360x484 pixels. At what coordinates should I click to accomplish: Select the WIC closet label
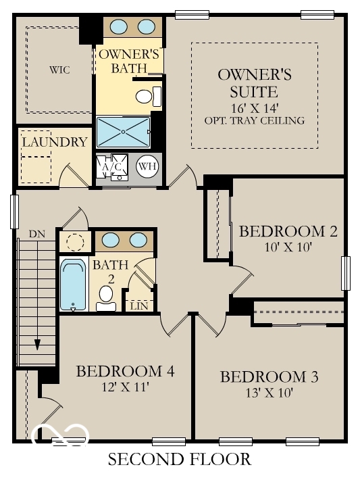59,70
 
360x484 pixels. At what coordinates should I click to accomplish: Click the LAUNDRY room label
54,142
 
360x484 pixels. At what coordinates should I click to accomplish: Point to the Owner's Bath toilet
145,97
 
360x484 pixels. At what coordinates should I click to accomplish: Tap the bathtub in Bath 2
73,284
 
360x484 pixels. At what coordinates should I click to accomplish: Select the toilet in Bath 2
105,297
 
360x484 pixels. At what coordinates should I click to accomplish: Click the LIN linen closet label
139,306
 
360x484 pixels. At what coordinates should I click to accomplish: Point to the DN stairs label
36,234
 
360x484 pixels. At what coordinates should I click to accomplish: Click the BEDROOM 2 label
288,231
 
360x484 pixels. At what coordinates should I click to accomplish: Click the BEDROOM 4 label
126,371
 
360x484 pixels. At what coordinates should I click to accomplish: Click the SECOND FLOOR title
180,460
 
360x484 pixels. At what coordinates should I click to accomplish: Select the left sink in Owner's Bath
119,26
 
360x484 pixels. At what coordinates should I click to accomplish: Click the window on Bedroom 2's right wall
346,274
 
